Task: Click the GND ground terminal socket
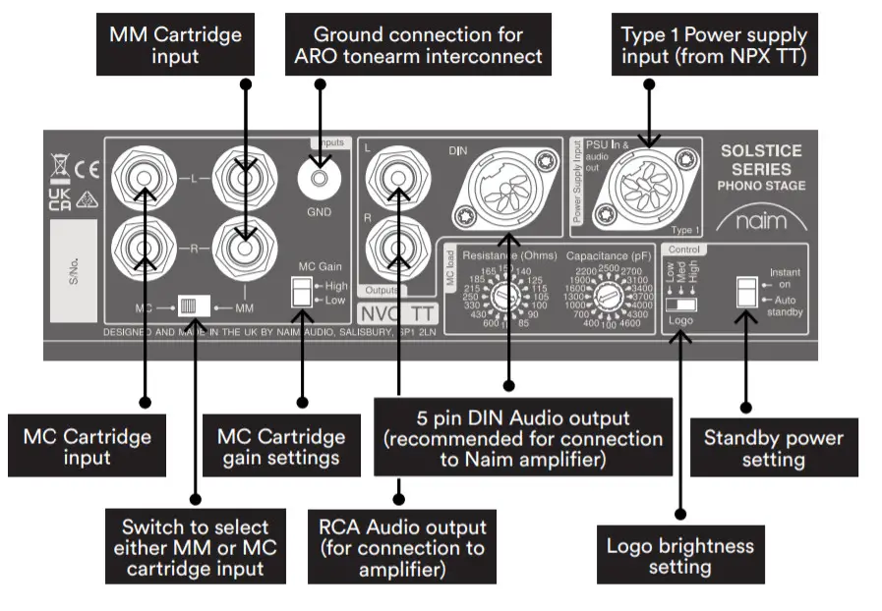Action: tap(319, 180)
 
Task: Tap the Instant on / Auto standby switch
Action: tap(747, 292)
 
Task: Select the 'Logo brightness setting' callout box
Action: tap(679, 555)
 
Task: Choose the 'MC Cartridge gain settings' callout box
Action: tap(281, 447)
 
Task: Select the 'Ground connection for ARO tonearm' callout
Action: tap(418, 45)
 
